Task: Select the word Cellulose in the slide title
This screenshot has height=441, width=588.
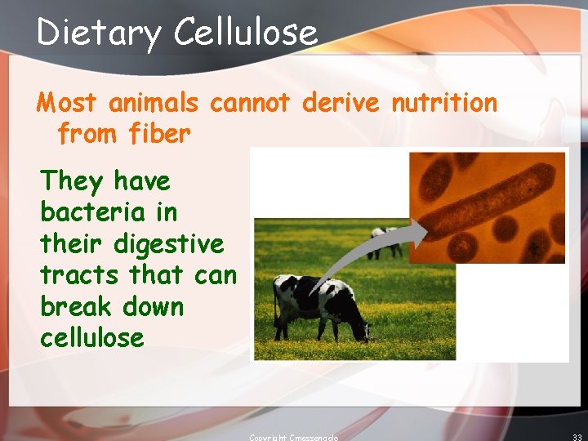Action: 245,32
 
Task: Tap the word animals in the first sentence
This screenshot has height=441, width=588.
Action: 154,103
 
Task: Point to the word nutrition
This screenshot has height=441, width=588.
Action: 443,103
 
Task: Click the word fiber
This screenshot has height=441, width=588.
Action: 159,134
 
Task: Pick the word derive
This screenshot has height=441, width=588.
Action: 340,103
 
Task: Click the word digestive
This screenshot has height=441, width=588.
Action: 169,243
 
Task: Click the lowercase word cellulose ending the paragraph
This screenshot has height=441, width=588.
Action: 91,338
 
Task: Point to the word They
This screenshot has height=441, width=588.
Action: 71,180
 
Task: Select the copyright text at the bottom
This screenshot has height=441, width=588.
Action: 293,437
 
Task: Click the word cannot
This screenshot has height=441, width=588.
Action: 250,103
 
